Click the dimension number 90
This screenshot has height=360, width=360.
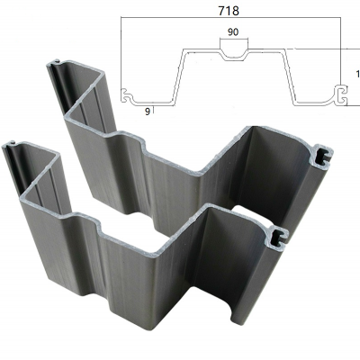pyautogui.click(x=233, y=33)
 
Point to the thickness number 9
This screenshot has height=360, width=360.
pyautogui.click(x=147, y=111)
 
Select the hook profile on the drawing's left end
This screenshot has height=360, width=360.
pyautogui.click(x=131, y=94)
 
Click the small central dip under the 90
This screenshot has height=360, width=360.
pyautogui.click(x=233, y=52)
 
